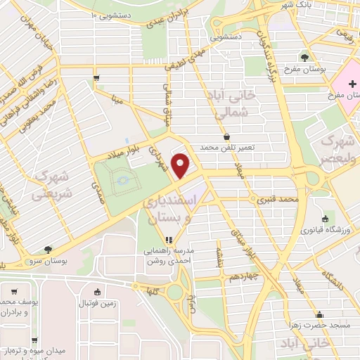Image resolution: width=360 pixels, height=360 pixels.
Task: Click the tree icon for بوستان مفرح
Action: (x=304, y=58)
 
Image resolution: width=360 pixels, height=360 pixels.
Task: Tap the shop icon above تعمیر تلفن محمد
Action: (x=226, y=137)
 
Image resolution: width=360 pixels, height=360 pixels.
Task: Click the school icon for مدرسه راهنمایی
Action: (x=168, y=240)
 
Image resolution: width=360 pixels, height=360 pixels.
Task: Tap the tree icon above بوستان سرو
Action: (x=48, y=249)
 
